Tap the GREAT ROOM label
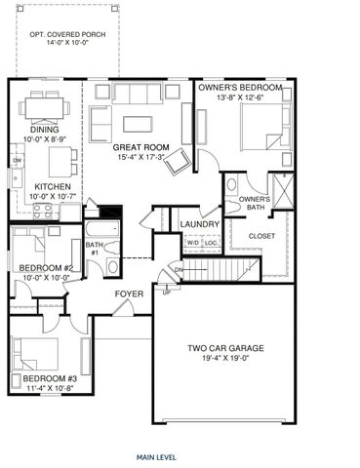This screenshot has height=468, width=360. [x=142, y=148]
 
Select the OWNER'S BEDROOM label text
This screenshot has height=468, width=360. [x=240, y=88]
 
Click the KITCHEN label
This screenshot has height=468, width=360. [x=50, y=186]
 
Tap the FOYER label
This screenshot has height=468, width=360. [x=130, y=293]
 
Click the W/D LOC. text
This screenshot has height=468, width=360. [x=202, y=242]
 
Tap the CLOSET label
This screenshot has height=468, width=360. [x=261, y=236]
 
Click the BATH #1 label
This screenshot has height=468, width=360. [x=95, y=250]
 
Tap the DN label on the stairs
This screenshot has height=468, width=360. [x=179, y=268]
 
